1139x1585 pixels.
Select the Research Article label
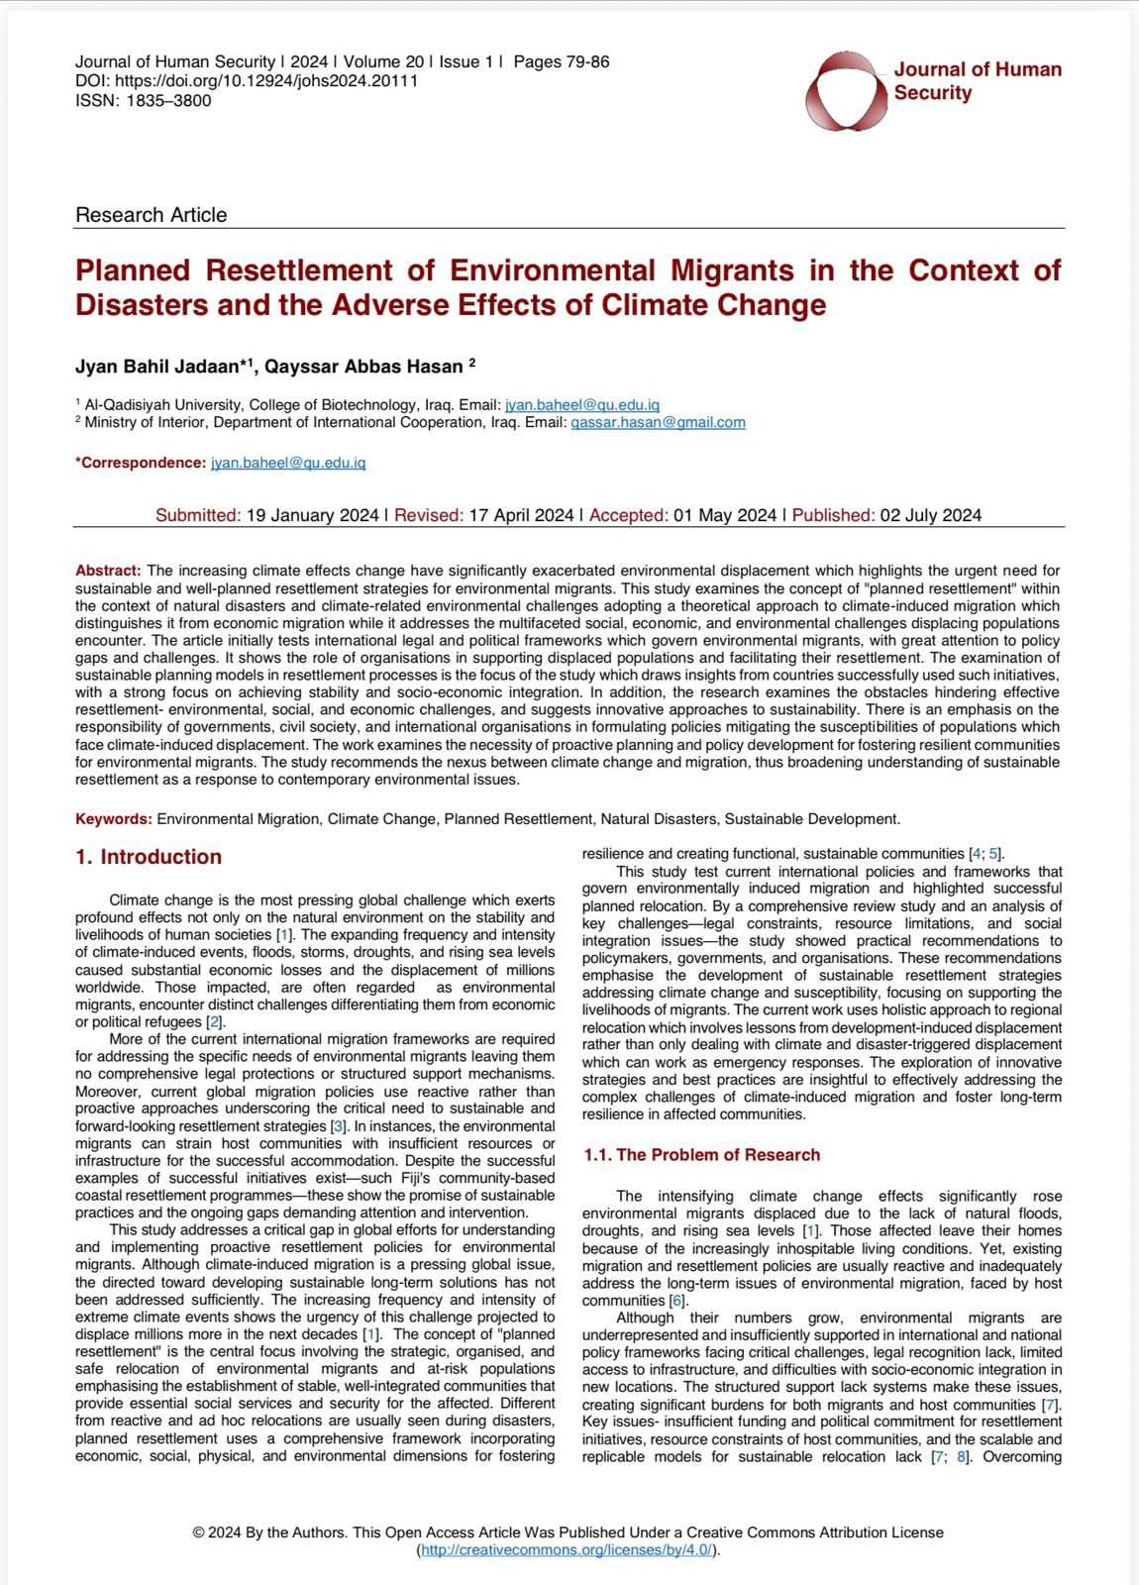[x=151, y=215]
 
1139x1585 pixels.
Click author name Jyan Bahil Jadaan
[x=164, y=367]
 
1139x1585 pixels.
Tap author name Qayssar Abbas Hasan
[x=364, y=367]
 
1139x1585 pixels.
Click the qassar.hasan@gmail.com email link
[x=658, y=422]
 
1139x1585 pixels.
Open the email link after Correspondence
[x=288, y=463]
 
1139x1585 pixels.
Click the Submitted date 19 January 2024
[x=312, y=515]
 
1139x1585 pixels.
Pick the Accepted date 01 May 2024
[x=724, y=515]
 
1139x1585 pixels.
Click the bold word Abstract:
[x=109, y=571]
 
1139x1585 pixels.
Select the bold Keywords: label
[x=114, y=819]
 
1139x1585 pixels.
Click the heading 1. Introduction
[x=149, y=857]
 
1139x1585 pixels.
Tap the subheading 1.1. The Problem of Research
[x=701, y=1154]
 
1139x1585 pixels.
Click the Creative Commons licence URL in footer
[x=567, y=1550]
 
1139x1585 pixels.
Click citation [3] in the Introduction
[x=338, y=1126]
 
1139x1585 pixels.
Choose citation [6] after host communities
[x=676, y=1301]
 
